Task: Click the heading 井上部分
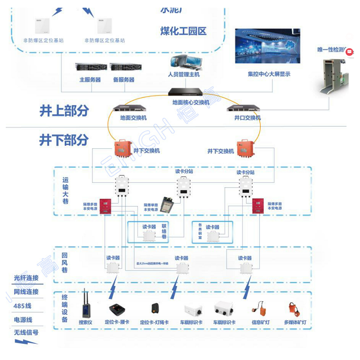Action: (64, 111)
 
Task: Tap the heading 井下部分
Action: (64, 140)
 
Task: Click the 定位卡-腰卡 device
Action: (117, 309)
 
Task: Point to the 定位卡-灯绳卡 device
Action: (155, 308)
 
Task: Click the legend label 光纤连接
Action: (26, 278)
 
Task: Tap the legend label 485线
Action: (22, 305)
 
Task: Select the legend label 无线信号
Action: (26, 332)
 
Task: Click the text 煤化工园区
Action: (183, 32)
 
